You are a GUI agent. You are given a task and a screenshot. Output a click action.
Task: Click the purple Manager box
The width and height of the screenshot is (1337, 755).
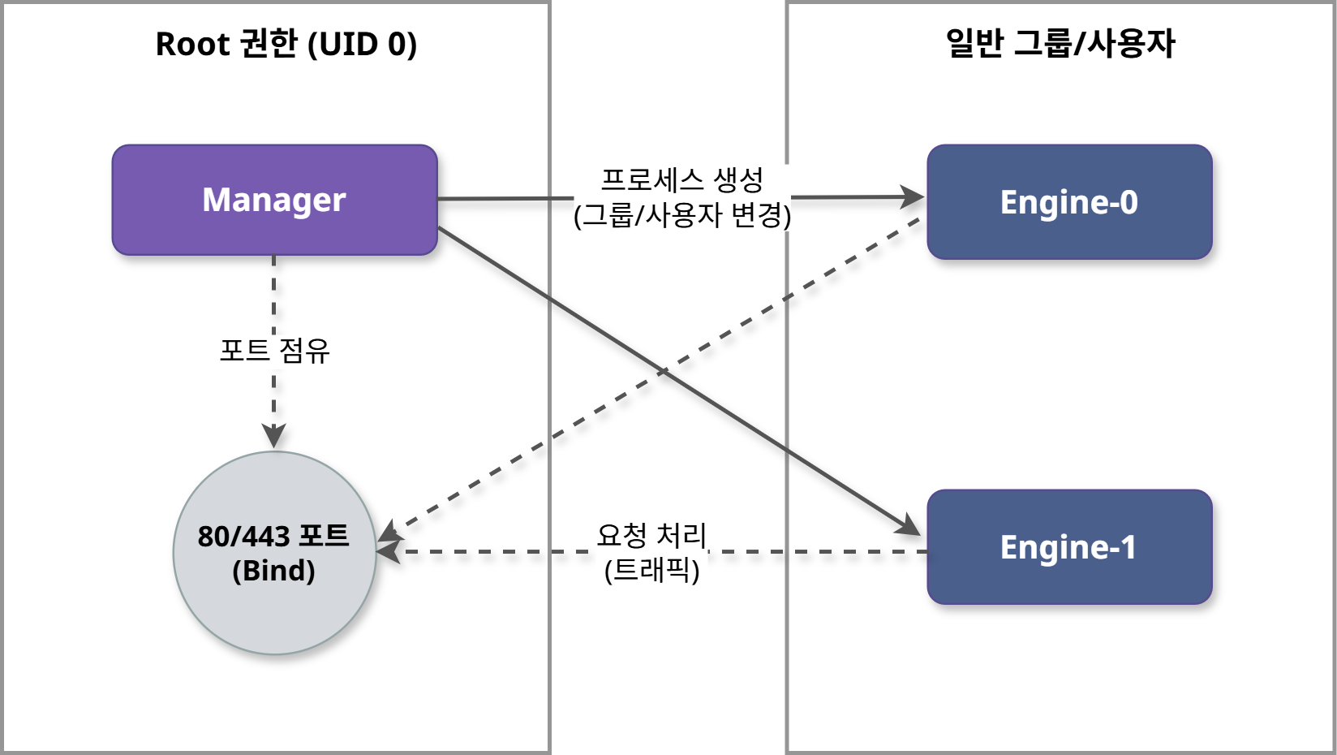274,200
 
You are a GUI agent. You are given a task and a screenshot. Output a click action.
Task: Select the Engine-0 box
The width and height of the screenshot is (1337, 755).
1068,202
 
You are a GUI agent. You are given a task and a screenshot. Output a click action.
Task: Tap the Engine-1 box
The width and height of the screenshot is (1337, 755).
1068,547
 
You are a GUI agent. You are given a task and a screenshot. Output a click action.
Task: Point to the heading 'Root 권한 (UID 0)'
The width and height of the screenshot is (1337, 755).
286,44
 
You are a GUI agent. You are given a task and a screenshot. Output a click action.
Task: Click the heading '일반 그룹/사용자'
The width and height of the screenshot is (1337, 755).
1060,44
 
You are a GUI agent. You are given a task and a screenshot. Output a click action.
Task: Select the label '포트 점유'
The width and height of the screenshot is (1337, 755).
274,351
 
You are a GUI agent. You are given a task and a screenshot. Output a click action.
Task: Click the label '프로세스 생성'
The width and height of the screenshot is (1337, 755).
681,179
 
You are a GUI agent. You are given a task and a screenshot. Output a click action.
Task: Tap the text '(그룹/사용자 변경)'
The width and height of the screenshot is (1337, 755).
681,215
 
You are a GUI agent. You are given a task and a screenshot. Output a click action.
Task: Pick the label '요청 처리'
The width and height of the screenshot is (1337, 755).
651,535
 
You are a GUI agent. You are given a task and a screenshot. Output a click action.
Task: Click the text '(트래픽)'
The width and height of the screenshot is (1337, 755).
651,570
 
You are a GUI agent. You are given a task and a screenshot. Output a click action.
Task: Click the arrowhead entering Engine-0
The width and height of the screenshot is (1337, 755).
914,196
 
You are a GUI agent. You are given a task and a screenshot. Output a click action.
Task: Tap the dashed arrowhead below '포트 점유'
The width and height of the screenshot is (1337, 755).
274,437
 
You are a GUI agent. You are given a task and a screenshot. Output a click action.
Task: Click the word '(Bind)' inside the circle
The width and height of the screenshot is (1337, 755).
274,571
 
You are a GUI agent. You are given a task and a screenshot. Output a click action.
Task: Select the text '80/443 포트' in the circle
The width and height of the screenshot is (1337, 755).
274,536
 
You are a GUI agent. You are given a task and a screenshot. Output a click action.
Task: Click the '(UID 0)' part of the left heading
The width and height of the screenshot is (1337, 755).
362,44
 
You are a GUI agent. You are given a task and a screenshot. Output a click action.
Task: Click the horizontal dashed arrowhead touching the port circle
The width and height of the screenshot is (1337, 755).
388,552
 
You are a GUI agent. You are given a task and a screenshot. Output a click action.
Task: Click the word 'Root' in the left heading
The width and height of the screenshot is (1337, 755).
192,44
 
